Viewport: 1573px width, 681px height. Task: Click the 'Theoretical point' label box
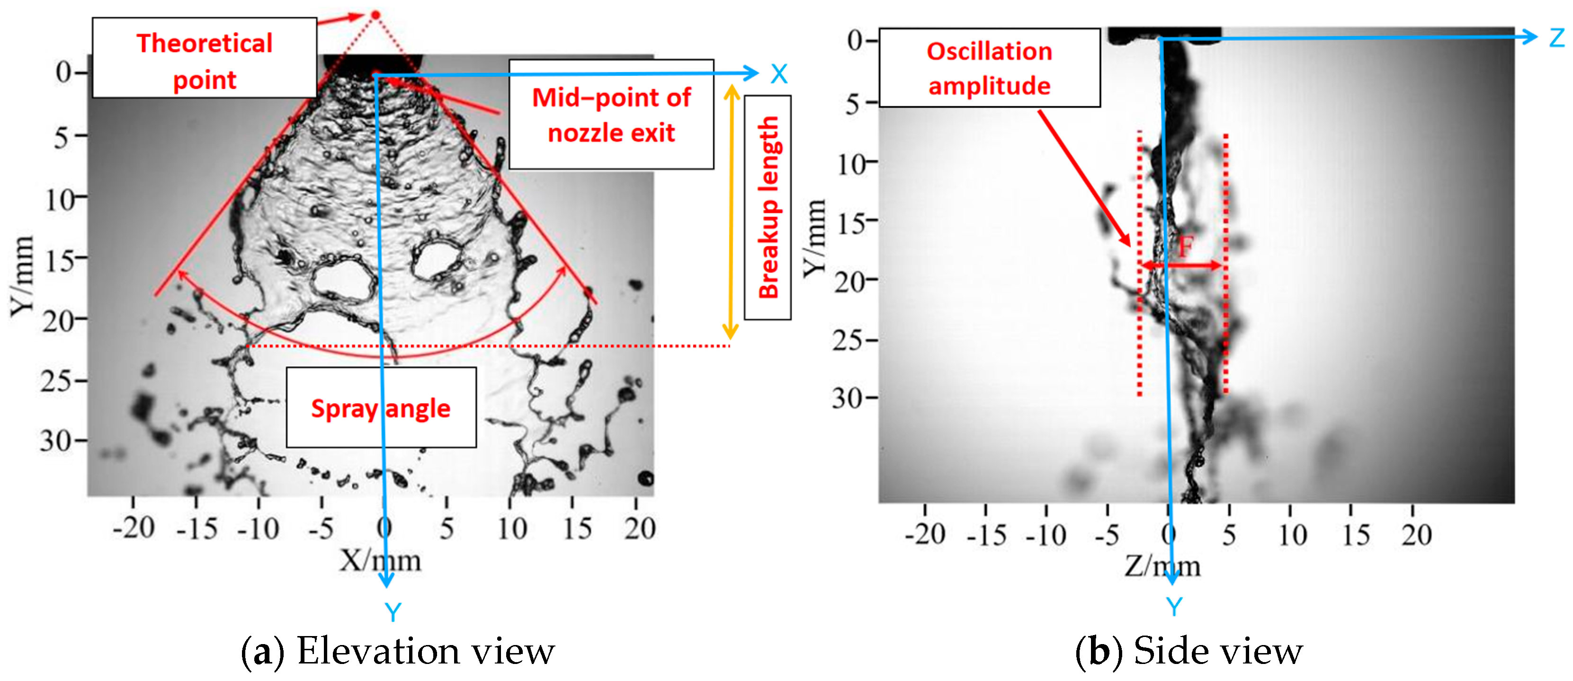point(204,58)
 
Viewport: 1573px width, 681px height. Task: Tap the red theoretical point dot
point(375,15)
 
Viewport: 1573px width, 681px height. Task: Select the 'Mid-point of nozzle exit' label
point(611,114)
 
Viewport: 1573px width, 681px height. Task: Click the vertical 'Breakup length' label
point(768,207)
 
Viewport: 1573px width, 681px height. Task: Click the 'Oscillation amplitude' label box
point(989,68)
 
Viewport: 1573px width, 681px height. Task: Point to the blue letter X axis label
point(778,74)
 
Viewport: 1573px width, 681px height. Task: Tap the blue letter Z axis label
point(1556,38)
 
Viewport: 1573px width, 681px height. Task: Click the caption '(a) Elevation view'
point(398,651)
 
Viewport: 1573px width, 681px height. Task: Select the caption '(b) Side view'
point(1189,651)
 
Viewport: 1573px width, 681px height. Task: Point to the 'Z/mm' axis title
point(1162,566)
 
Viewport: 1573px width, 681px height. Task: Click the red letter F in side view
point(1185,247)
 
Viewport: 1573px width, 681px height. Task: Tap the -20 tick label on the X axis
point(133,528)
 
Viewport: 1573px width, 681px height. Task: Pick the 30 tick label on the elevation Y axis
point(57,441)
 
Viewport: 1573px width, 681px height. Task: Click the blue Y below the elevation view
point(393,611)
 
